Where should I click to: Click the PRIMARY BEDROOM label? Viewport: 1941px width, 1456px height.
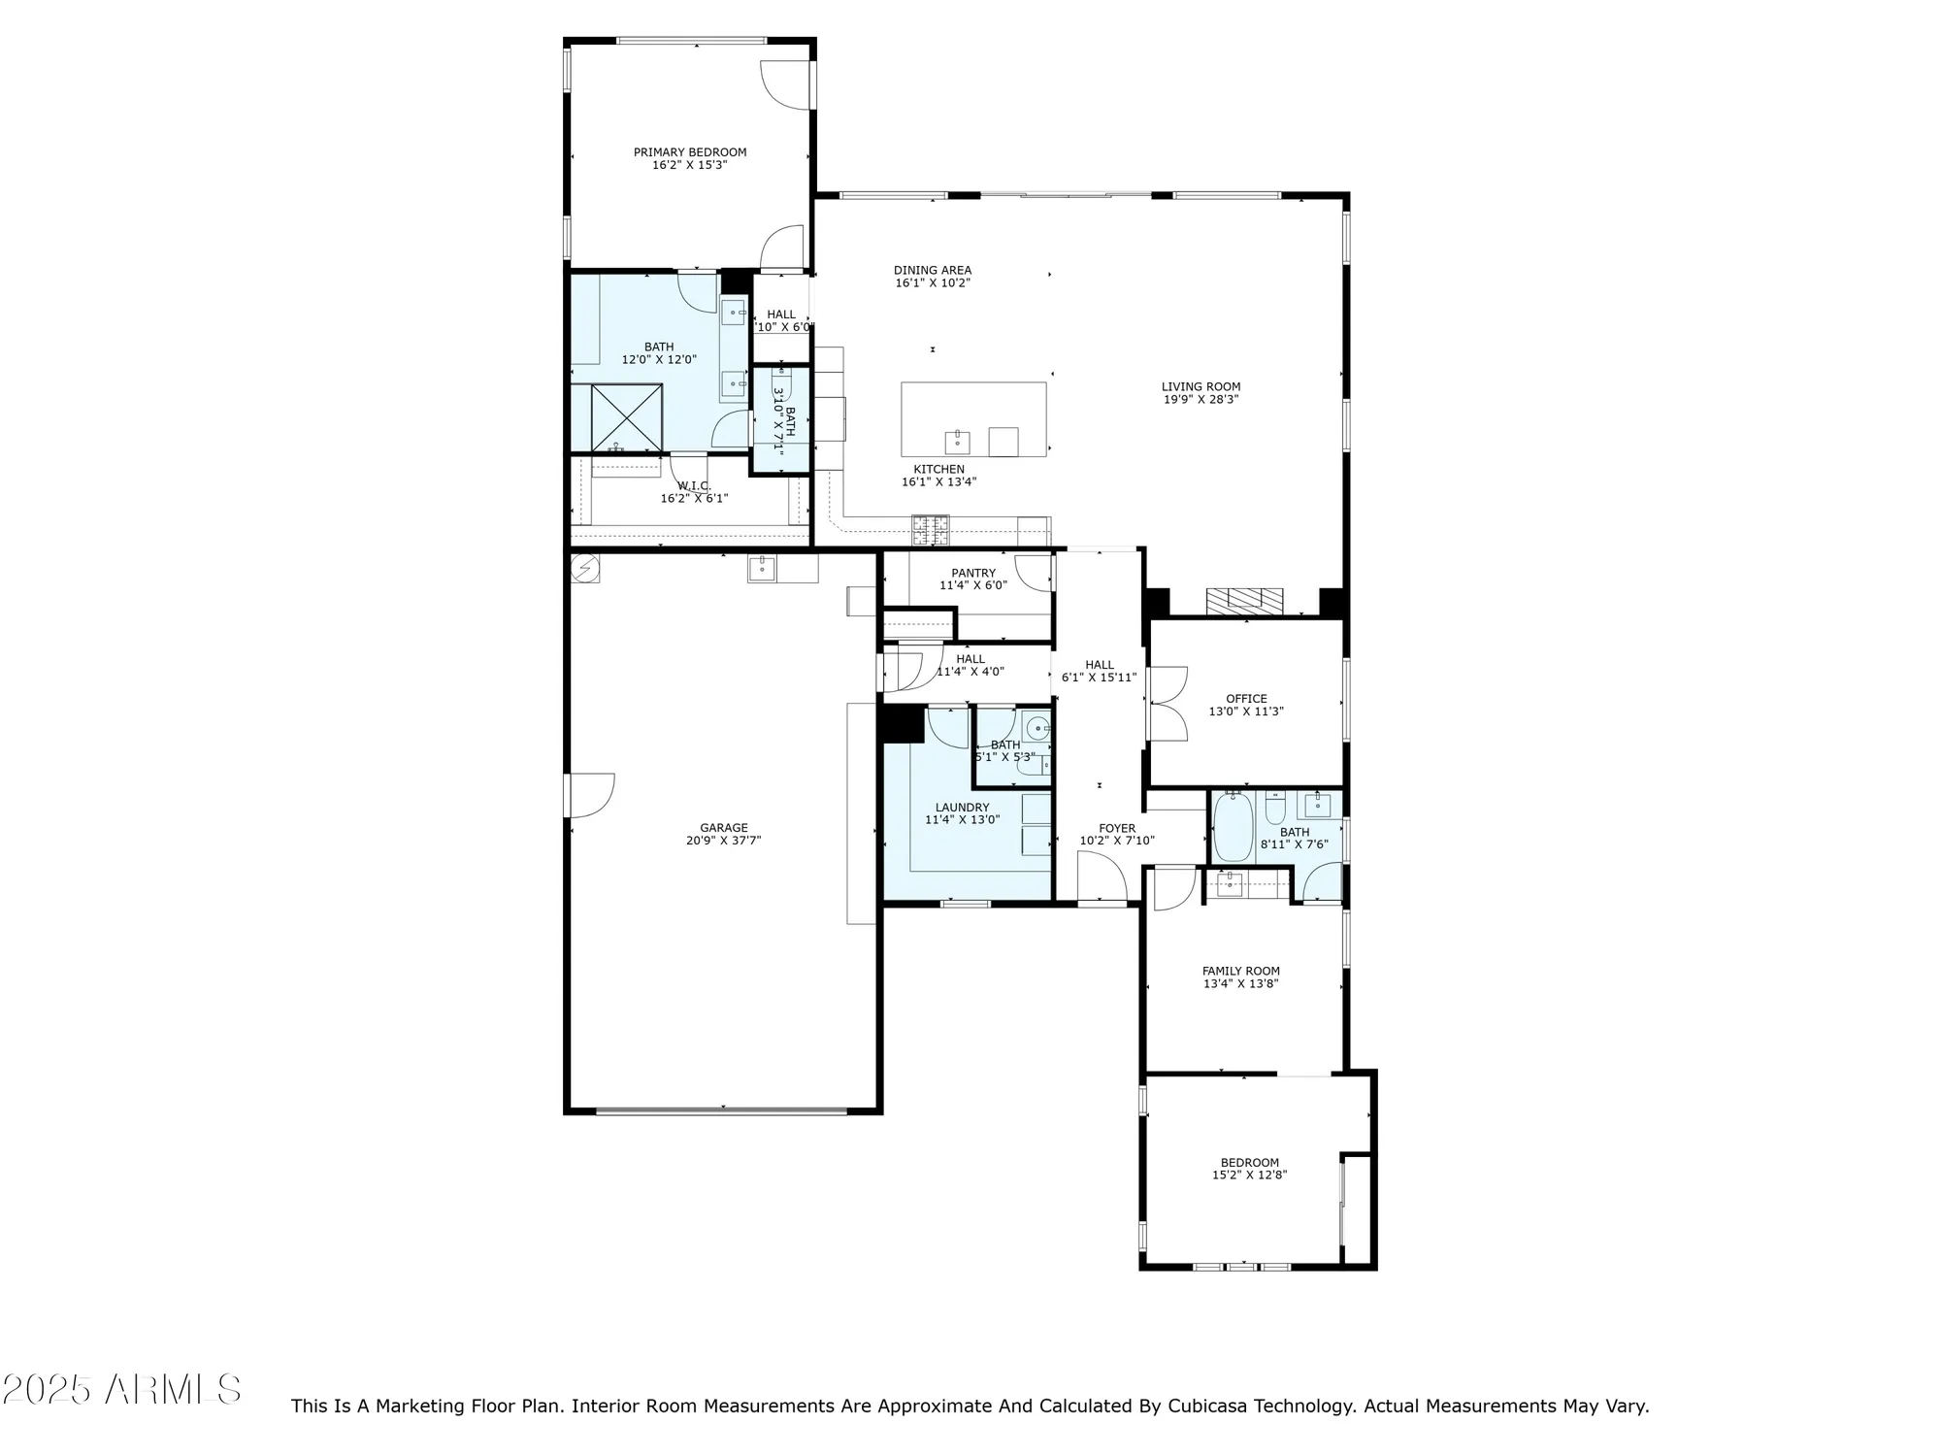(x=690, y=152)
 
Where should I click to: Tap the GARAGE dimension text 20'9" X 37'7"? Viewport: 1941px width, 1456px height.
(x=723, y=841)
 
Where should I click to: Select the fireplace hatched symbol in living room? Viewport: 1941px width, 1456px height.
(x=1244, y=601)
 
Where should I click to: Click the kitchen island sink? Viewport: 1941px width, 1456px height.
(x=958, y=442)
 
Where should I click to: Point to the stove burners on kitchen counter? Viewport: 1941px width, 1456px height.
(x=930, y=529)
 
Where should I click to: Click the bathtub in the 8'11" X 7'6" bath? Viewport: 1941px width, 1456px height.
(x=1233, y=828)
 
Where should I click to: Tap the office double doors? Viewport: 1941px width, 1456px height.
(x=1168, y=704)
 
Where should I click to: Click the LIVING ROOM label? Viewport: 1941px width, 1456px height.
(x=1201, y=386)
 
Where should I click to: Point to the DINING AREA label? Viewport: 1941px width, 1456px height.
(x=932, y=271)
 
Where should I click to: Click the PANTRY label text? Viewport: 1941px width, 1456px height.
(x=972, y=573)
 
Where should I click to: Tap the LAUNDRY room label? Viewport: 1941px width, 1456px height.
(x=962, y=808)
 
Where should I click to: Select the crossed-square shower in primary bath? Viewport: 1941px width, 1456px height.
(x=626, y=419)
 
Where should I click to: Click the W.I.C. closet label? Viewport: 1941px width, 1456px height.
(x=694, y=485)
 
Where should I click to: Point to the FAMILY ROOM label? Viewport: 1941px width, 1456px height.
(x=1240, y=971)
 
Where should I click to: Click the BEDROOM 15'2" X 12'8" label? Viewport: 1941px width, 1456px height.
(x=1249, y=1163)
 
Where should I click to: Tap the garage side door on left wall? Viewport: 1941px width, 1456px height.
(x=589, y=794)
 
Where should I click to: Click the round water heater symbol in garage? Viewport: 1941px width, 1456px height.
(x=585, y=568)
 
